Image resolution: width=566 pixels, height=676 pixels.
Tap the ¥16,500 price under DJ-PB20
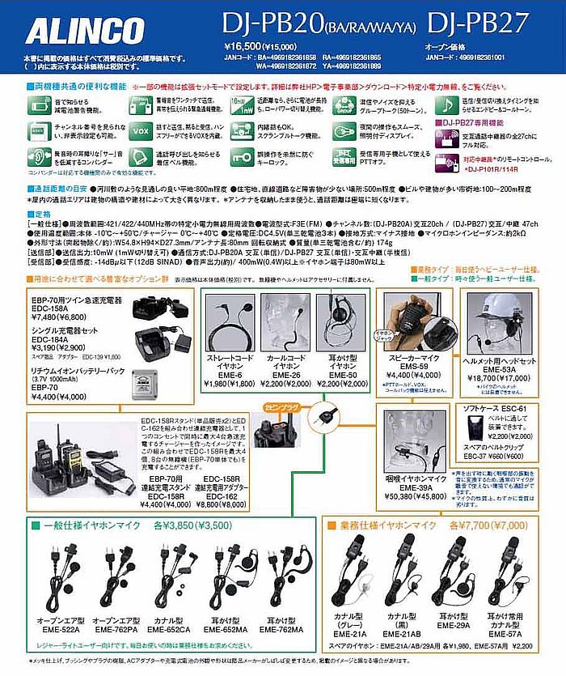(240, 48)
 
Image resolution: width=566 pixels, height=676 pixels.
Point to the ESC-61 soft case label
(509, 409)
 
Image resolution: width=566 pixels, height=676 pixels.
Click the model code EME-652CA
(170, 629)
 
